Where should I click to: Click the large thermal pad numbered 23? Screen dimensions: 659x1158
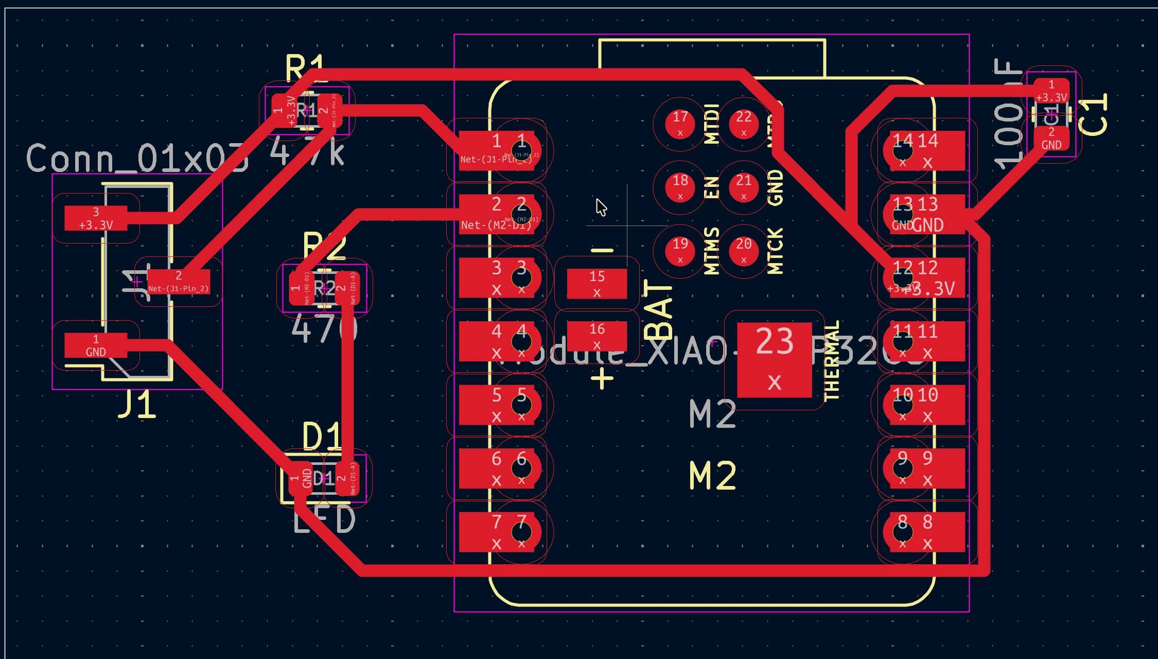tap(774, 360)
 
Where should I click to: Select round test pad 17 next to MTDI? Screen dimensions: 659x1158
tap(680, 124)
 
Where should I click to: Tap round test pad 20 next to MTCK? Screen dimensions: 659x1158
tap(743, 250)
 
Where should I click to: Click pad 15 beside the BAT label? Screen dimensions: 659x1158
tap(596, 283)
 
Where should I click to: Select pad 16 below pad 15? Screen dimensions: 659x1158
tap(596, 336)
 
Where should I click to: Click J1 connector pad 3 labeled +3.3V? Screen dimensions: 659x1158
tap(96, 218)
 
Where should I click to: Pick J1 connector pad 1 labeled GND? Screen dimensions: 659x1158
tap(96, 345)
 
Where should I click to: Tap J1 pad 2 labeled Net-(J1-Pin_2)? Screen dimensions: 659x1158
tap(178, 282)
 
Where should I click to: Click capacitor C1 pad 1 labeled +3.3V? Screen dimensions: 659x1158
tap(1051, 91)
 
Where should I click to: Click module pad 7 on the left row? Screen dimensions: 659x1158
tap(496, 532)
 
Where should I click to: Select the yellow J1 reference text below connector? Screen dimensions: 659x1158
tap(137, 404)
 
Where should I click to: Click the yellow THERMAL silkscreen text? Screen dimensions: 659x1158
tap(832, 360)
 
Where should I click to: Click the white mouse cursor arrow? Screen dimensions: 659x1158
tap(601, 207)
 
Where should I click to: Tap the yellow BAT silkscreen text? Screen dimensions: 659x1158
tap(658, 309)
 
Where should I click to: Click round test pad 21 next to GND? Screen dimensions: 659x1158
tap(743, 187)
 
